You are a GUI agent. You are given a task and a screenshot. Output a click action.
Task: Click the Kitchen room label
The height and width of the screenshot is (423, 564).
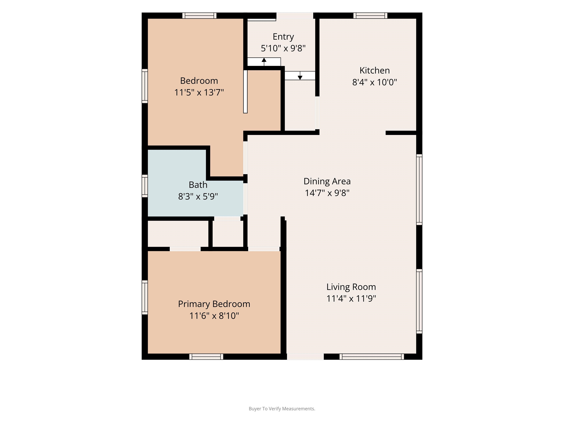(375, 70)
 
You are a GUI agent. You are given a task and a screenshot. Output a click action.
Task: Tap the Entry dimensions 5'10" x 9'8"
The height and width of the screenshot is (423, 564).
(283, 48)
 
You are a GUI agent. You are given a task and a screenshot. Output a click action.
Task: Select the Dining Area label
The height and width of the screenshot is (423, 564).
(327, 181)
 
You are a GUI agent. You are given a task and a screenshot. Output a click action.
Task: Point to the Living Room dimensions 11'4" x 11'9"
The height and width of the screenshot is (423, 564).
(351, 298)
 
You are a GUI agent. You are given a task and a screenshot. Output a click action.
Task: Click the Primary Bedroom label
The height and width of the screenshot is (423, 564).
(214, 304)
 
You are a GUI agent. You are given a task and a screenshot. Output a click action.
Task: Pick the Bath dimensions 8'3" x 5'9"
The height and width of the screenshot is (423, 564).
(198, 196)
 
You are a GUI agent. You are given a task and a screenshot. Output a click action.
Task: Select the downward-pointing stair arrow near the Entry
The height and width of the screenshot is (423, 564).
(300, 75)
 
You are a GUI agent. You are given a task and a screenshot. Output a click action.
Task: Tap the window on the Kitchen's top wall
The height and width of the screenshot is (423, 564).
(370, 16)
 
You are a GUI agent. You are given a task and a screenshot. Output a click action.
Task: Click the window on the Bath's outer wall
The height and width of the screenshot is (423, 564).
(144, 186)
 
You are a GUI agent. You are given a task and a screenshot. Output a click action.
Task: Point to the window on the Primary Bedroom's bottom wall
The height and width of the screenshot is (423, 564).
(206, 357)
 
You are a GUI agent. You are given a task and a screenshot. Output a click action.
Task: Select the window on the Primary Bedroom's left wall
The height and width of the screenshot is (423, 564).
(144, 297)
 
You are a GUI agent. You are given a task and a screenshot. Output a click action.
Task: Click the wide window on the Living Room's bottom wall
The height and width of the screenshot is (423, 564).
(372, 357)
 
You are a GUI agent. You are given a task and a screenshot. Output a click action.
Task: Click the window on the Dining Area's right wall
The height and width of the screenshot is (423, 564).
(419, 190)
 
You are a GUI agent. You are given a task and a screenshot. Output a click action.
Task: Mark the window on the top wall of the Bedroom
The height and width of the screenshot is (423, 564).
(199, 16)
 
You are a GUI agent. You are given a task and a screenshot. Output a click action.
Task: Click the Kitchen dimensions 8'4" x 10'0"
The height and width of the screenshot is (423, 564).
(375, 82)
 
